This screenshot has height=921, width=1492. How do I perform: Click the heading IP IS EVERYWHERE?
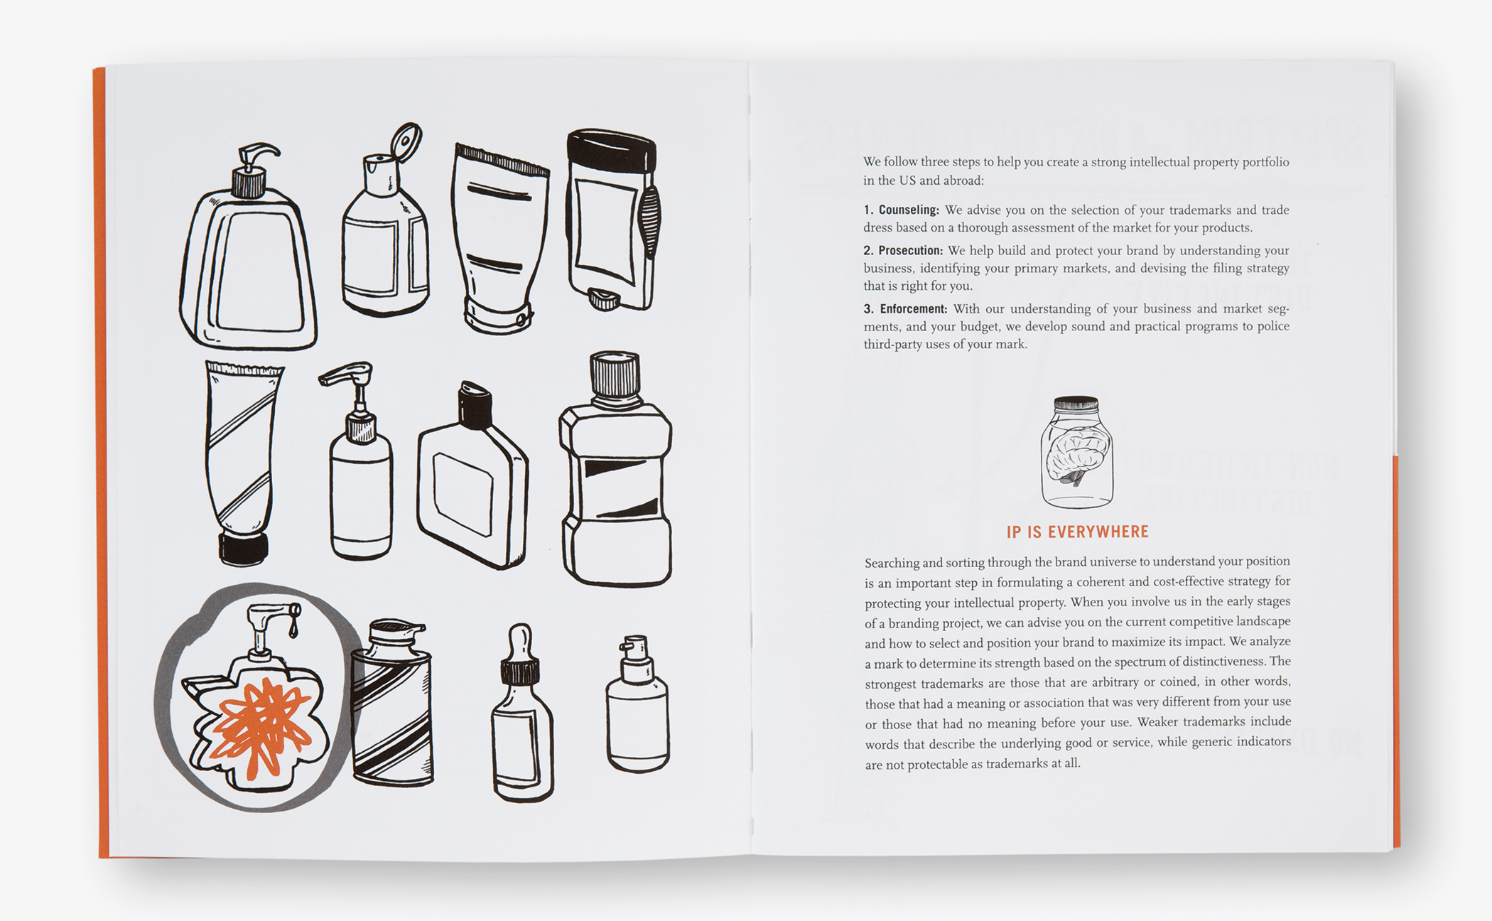point(1077,532)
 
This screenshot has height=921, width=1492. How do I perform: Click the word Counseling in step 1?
point(908,210)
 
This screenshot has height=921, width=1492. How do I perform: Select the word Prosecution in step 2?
point(910,250)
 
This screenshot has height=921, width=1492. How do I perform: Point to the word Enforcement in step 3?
point(913,308)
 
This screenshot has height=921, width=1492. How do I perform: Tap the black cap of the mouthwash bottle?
point(615,375)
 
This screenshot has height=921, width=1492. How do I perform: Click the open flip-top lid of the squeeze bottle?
point(407,141)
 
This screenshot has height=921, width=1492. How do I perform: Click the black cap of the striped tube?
point(243,549)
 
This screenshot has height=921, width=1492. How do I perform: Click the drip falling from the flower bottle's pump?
point(293,629)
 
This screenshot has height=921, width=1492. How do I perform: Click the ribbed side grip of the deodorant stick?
point(650,220)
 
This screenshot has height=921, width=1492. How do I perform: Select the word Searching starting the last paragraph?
point(892,563)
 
